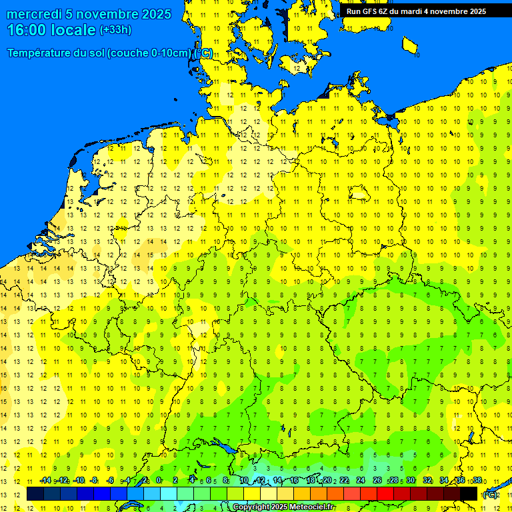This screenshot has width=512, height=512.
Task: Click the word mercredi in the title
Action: (33, 14)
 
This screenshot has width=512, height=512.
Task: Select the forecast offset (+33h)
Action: (115, 30)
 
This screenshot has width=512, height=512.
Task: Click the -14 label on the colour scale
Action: (45, 480)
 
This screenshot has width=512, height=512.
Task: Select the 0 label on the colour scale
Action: (159, 480)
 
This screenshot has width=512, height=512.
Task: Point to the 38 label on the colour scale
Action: (477, 480)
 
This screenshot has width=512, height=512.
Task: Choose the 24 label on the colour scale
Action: (361, 480)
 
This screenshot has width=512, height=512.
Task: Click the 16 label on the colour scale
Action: (294, 480)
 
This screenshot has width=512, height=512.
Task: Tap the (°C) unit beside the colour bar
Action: (490, 495)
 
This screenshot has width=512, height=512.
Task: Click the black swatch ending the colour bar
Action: (469, 493)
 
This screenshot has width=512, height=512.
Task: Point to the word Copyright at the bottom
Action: (251, 507)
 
